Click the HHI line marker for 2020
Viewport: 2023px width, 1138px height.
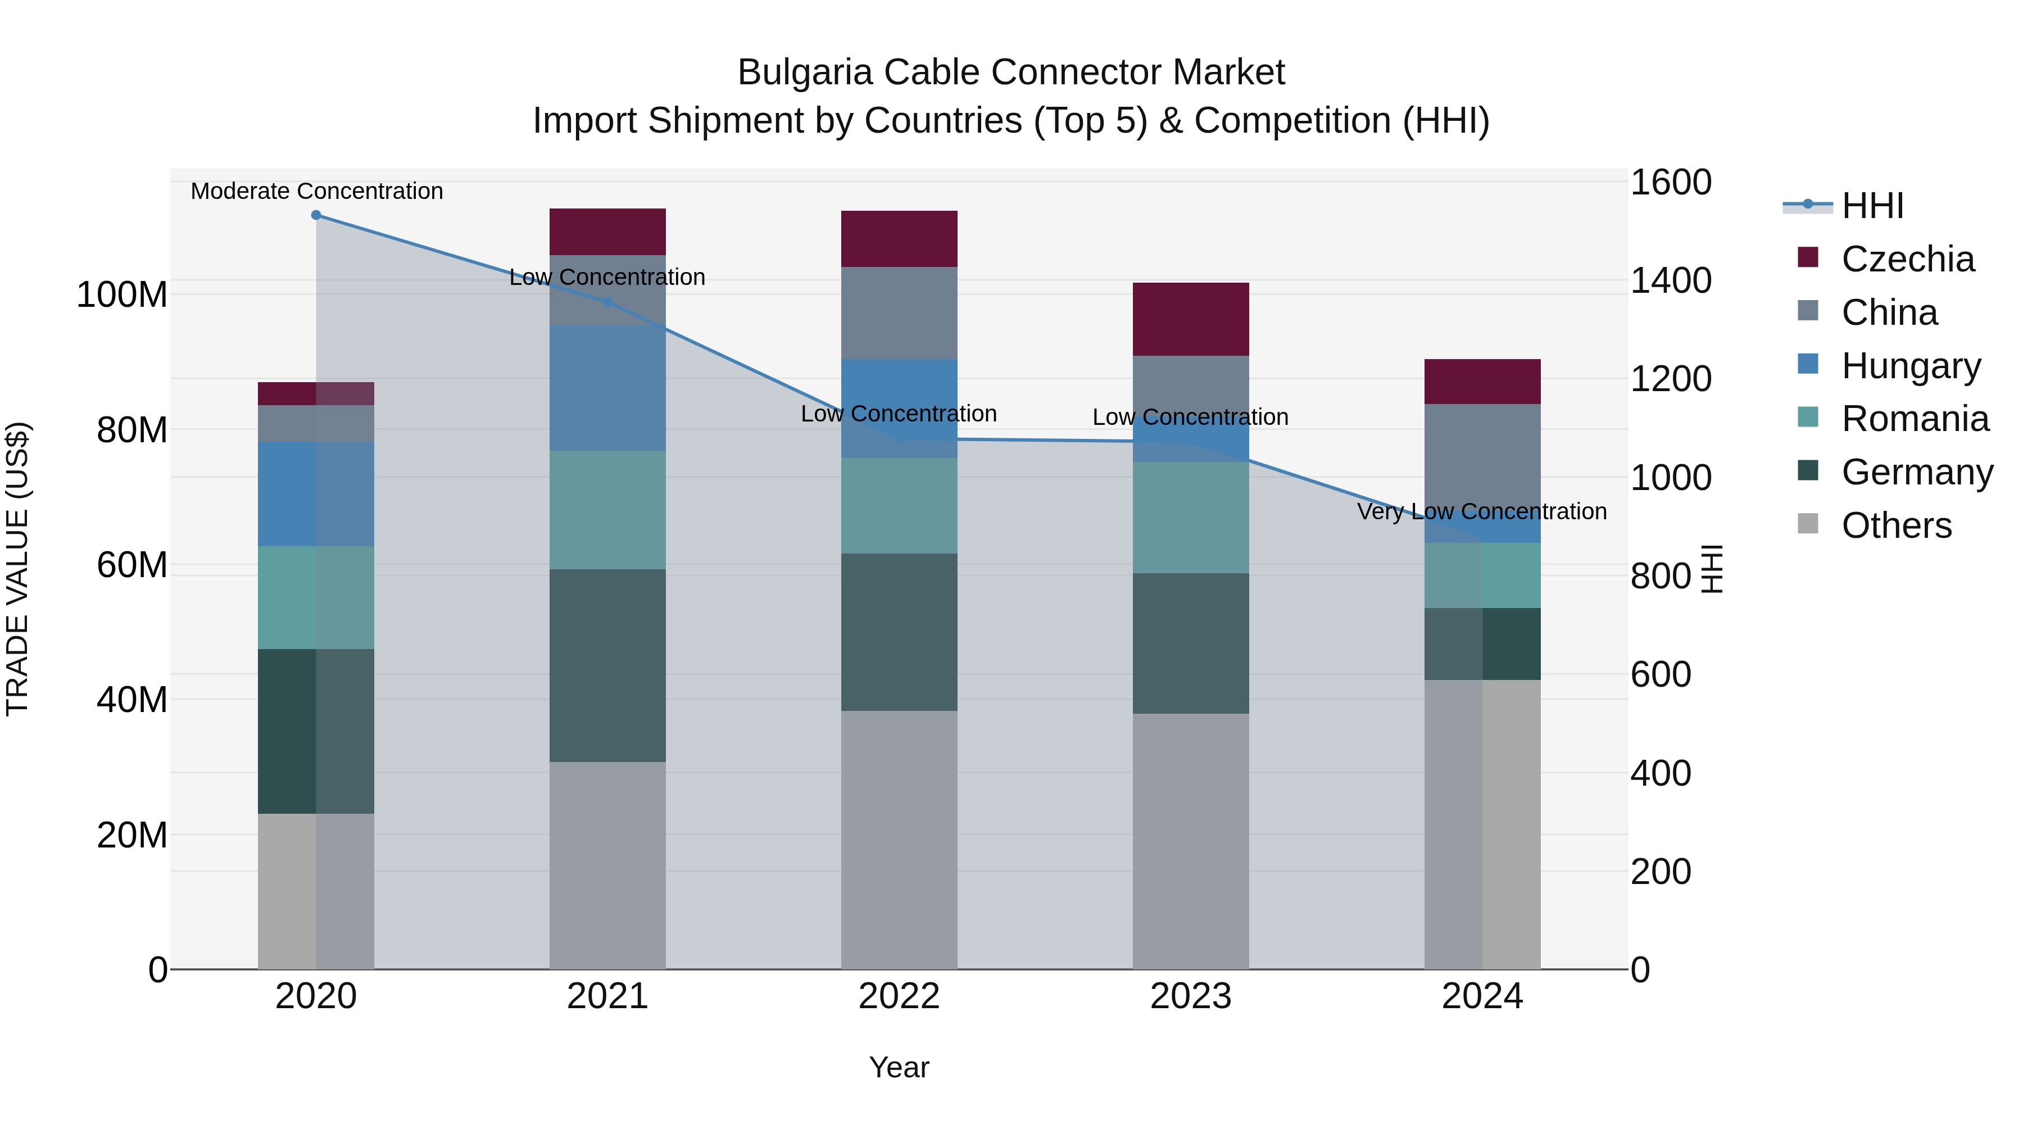point(316,215)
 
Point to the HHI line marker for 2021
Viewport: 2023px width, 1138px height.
point(607,302)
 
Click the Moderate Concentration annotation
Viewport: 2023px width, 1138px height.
point(316,191)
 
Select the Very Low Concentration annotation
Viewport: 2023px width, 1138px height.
point(1481,511)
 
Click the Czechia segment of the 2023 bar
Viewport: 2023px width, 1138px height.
point(1191,319)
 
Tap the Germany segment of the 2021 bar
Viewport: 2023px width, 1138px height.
point(607,665)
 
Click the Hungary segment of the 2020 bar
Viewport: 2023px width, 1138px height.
point(316,493)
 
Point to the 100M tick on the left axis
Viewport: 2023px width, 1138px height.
point(122,295)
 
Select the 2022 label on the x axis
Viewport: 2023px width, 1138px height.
point(899,996)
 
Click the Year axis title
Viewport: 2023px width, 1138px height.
point(899,1067)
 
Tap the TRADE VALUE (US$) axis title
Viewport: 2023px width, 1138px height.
point(17,569)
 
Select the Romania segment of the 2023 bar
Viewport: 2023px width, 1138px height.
point(1191,517)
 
